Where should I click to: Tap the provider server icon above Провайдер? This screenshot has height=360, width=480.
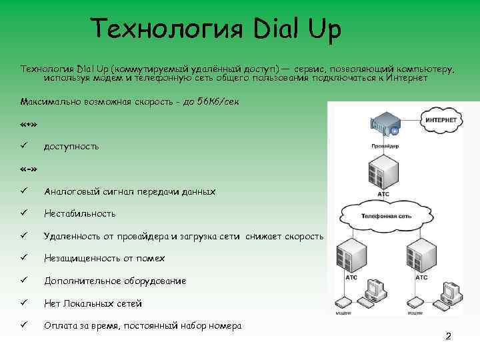[385, 125]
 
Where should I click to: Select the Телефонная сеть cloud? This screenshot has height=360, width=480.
[385, 216]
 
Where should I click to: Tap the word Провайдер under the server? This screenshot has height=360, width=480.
[385, 145]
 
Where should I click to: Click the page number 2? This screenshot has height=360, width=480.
[449, 335]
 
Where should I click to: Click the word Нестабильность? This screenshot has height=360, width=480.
[79, 213]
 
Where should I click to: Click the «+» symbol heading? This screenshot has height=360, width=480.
[29, 124]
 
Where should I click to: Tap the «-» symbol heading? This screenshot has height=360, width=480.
[29, 168]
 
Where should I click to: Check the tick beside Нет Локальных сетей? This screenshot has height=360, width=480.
[24, 303]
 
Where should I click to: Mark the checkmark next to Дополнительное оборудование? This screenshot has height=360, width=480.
[24, 281]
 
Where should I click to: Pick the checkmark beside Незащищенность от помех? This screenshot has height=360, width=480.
[24, 258]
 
